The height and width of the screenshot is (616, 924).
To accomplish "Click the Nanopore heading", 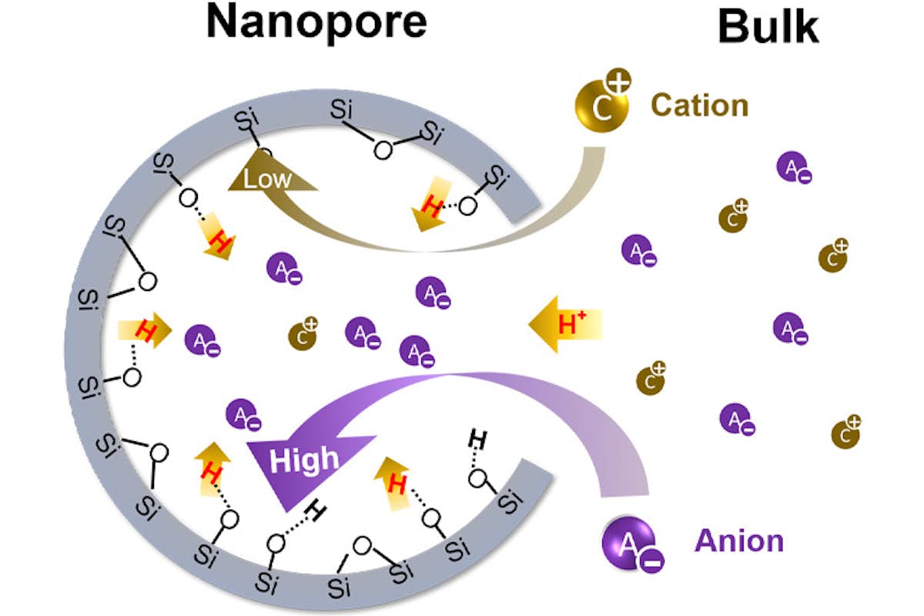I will [316, 23].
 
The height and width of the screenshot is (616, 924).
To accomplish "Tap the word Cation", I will [699, 105].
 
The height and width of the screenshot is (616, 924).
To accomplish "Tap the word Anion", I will [739, 541].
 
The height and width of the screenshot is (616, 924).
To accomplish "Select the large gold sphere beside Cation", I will [599, 105].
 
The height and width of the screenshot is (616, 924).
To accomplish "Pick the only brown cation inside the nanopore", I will [303, 335].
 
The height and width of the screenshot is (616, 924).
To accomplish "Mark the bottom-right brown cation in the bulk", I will [845, 434].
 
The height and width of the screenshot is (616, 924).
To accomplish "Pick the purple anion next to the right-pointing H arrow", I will [201, 340].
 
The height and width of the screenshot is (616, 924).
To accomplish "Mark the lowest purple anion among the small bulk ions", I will [735, 419].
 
